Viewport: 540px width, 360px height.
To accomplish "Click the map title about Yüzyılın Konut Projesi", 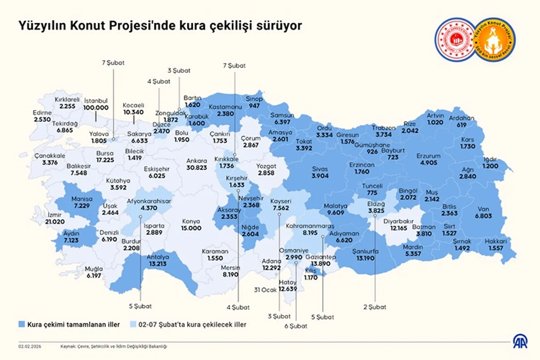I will pos(160,26).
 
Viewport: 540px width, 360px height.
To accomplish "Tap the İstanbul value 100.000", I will pos(96,108).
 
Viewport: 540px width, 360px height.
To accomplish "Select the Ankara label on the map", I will pos(196,161).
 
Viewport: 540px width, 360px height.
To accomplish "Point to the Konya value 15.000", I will pos(191,228).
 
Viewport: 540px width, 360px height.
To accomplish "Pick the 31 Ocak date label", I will pos(265,290).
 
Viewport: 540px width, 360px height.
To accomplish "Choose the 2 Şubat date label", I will pos(375,307).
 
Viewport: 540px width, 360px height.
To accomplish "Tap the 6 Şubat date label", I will pos(296,326).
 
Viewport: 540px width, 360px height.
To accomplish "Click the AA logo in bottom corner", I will pos(520,341).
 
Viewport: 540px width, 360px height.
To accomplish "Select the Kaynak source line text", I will pos(114,346).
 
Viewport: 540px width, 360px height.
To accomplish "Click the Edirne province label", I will pos(42,113).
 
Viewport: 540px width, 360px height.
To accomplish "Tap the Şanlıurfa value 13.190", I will pos(365,258).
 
